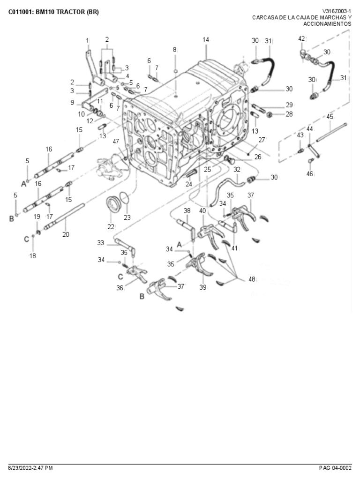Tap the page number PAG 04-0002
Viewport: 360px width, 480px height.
(x=335, y=468)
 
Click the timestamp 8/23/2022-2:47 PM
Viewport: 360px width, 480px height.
(x=30, y=468)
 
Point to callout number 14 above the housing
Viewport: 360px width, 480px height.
(x=206, y=39)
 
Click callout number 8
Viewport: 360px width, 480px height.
(x=174, y=49)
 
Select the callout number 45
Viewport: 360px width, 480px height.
(x=330, y=117)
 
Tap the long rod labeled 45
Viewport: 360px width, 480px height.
(x=331, y=132)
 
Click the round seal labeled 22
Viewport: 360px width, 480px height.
(x=112, y=204)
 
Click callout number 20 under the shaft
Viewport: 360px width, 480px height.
(x=66, y=234)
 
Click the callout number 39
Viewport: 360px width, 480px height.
(x=202, y=288)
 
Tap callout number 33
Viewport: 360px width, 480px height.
(x=101, y=243)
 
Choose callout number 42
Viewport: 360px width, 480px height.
(x=301, y=38)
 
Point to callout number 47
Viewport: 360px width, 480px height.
(x=116, y=141)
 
